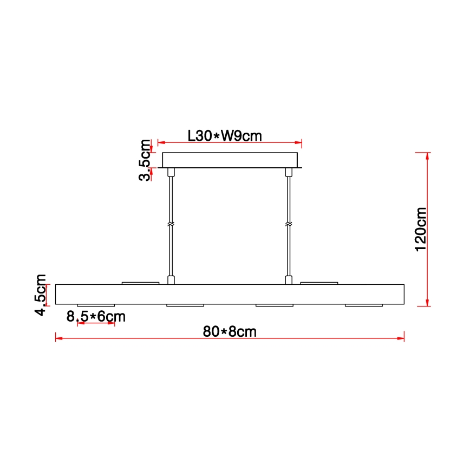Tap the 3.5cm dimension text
145,160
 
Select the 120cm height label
420,229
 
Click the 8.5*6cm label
96,316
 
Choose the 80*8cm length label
230,331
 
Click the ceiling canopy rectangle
230,160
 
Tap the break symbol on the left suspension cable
171,224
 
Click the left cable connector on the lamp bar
171,280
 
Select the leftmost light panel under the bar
96,305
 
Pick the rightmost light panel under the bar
364,305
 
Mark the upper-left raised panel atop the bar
141,283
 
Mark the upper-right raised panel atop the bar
319,283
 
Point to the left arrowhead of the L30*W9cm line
160,143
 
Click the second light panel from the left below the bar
185,305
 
